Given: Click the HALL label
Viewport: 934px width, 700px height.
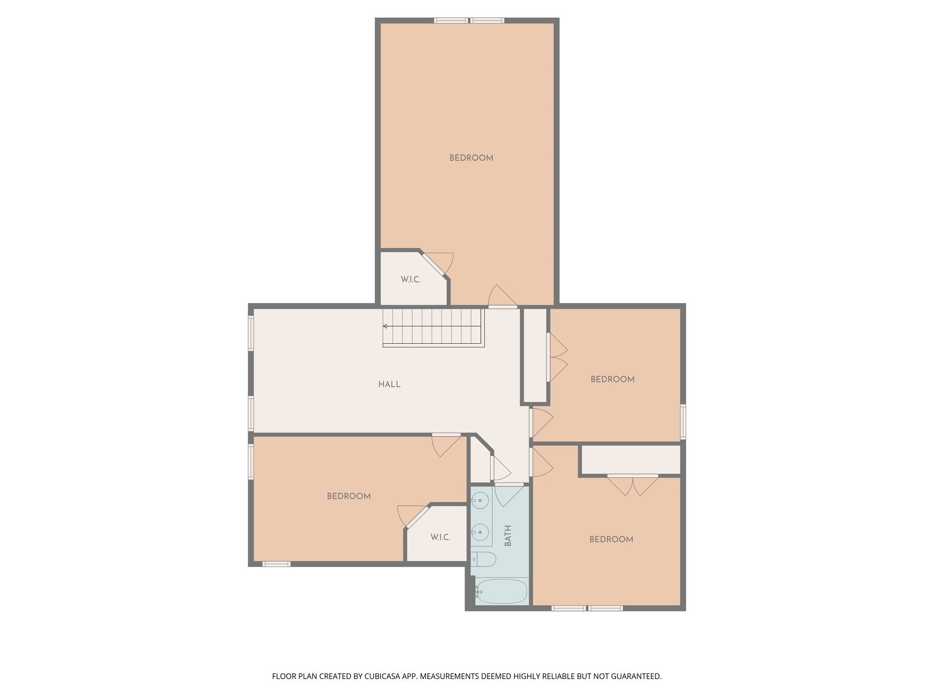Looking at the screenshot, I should coord(389,384).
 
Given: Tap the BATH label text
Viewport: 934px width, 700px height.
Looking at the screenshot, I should coord(508,535).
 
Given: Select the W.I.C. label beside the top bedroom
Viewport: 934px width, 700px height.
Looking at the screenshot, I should coord(410,279).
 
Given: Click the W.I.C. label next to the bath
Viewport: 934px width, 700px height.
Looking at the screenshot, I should coord(440,537).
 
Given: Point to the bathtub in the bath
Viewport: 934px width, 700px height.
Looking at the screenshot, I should coord(501,592).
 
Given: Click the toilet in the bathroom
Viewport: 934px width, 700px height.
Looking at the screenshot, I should coord(483,559).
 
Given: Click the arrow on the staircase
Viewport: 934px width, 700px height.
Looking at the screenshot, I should coord(385,326).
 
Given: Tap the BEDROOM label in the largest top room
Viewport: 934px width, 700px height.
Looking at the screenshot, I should coord(471,158).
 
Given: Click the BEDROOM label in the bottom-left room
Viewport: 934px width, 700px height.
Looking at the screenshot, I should coord(348,496).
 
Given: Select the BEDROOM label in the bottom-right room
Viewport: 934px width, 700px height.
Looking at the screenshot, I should coord(611,539).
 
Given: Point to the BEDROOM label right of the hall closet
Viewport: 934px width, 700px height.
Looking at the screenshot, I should coord(612,379).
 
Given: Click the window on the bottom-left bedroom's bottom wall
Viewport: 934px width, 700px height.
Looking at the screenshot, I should coord(276,564).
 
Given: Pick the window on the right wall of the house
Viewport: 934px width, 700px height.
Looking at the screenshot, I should coord(683,422).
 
